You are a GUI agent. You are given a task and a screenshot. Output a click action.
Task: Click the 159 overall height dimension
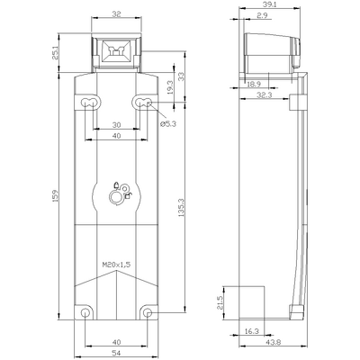[57, 196]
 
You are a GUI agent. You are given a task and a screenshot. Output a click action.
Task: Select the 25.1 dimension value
[57, 54]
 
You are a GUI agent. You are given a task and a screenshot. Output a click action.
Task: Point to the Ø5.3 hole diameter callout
[166, 125]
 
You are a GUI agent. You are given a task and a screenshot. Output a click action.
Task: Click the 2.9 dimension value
[260, 17]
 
